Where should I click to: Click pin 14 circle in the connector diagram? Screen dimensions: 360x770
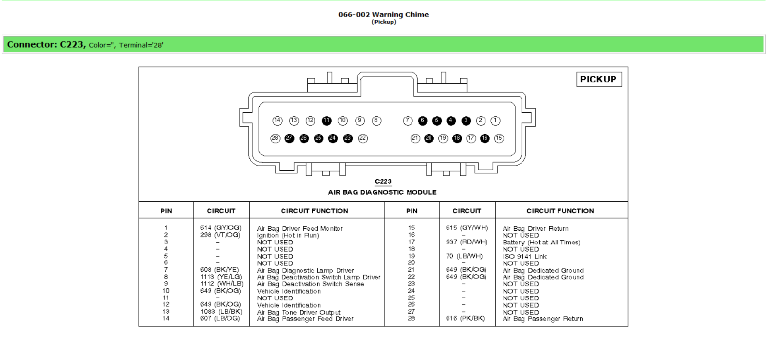pyautogui.click(x=277, y=121)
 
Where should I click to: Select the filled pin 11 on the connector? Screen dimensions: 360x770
pyautogui.click(x=326, y=121)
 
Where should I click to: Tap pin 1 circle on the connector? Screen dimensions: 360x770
pyautogui.click(x=495, y=121)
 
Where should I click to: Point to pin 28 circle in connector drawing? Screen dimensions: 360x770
pyautogui.click(x=275, y=138)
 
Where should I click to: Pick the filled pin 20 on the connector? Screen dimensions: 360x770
pyautogui.click(x=429, y=138)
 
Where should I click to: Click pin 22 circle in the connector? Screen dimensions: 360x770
pyautogui.click(x=363, y=138)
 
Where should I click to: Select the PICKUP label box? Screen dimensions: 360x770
pyautogui.click(x=599, y=79)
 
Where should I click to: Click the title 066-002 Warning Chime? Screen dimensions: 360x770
pyautogui.click(x=383, y=14)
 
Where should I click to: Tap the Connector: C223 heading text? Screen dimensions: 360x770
pyautogui.click(x=46, y=44)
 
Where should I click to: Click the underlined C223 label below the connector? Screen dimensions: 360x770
pyautogui.click(x=383, y=181)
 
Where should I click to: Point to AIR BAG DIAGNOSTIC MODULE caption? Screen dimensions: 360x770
pyautogui.click(x=382, y=192)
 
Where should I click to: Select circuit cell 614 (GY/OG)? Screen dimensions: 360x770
pyautogui.click(x=220, y=228)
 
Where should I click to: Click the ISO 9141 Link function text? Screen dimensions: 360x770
pyautogui.click(x=524, y=256)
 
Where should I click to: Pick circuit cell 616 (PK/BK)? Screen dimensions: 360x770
pyautogui.click(x=465, y=318)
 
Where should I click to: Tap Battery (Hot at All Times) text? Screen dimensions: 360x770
pyautogui.click(x=541, y=242)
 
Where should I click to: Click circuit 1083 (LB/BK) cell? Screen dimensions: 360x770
pyautogui.click(x=221, y=312)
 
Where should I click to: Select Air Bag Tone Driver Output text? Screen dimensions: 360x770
pyautogui.click(x=298, y=312)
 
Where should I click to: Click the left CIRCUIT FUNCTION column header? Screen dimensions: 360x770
pyautogui.click(x=314, y=211)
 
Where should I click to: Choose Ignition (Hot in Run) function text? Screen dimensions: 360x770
pyautogui.click(x=288, y=235)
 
